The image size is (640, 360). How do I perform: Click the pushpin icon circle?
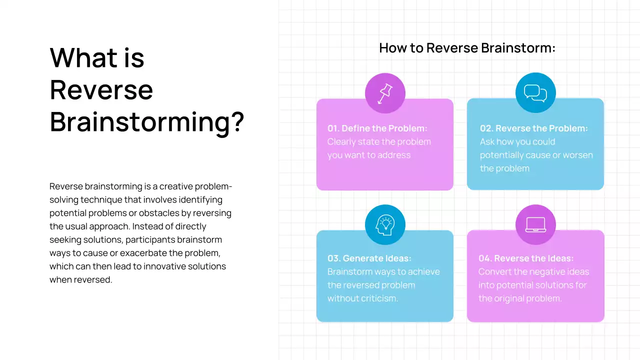point(385,93)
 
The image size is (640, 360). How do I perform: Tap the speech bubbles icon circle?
point(535,93)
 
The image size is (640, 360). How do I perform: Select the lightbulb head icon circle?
point(385,225)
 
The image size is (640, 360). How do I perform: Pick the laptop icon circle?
point(535,225)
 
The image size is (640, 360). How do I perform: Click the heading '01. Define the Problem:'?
point(377,128)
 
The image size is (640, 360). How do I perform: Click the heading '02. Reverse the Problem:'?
point(533,128)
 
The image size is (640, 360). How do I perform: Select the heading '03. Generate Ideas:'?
point(369,258)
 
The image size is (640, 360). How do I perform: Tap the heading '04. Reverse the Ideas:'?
point(525,258)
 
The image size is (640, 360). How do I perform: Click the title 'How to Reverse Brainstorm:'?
point(467,48)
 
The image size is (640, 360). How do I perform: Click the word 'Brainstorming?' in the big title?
point(146,121)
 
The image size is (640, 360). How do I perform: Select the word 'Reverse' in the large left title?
point(101,90)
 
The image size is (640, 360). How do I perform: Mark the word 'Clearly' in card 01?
point(342,142)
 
